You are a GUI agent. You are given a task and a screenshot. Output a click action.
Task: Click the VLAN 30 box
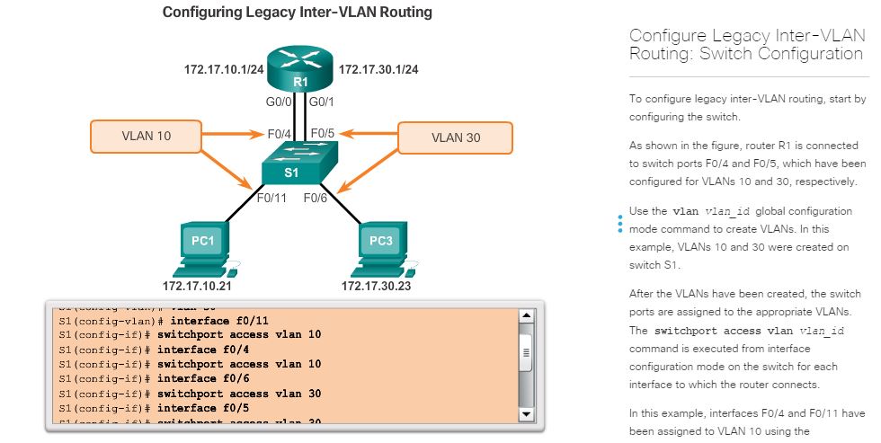[x=455, y=137]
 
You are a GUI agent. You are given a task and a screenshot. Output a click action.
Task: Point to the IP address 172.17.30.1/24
[x=378, y=69]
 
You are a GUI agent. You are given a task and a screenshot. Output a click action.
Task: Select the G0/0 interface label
[x=279, y=102]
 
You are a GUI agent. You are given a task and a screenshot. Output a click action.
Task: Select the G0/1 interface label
[x=322, y=102]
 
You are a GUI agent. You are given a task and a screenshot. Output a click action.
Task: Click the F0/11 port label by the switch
[x=271, y=198]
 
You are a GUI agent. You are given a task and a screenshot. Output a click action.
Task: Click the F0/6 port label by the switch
[x=315, y=198]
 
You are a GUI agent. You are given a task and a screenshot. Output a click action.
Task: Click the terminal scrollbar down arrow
[x=527, y=414]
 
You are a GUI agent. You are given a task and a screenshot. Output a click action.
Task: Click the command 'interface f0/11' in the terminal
[x=219, y=320]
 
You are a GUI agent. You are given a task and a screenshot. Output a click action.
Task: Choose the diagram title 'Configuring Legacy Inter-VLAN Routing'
[x=297, y=13]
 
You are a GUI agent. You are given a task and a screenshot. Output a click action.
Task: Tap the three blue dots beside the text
[x=619, y=223]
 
